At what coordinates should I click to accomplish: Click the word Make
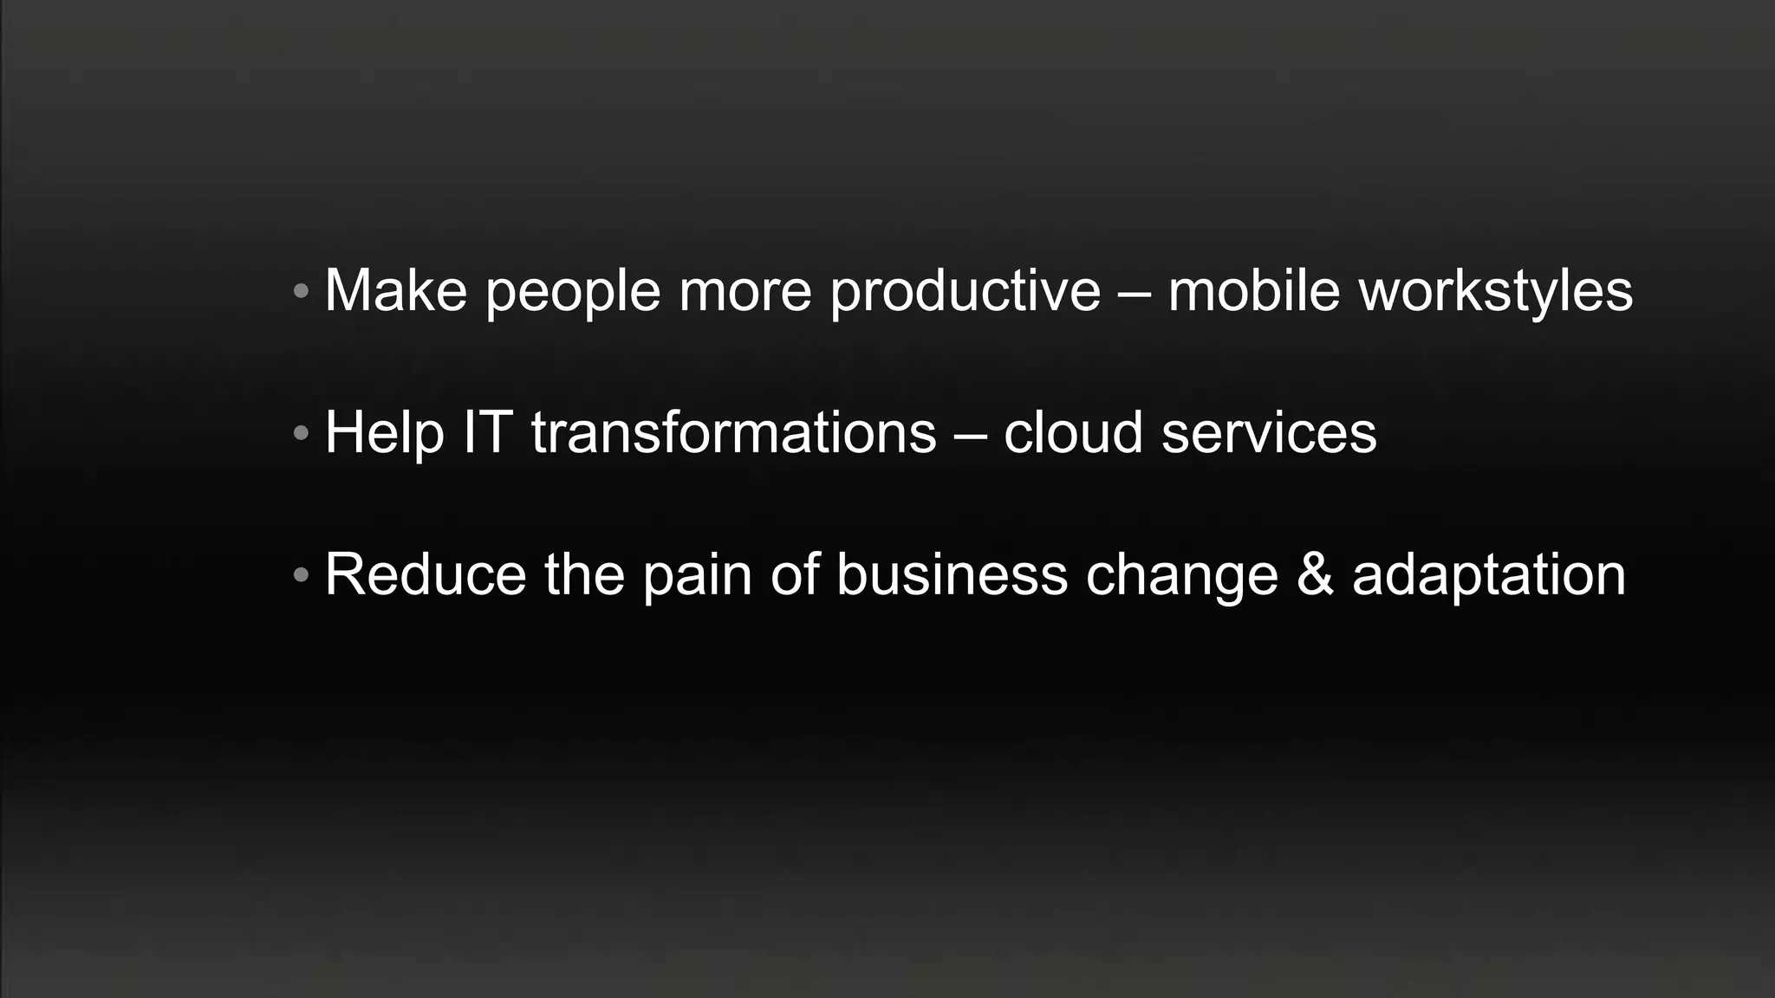(395, 290)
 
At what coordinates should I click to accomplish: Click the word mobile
(1254, 290)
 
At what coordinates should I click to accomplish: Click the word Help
(384, 433)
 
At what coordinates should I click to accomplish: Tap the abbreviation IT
(487, 432)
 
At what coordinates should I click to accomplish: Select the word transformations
(734, 432)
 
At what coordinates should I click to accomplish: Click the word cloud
(1073, 432)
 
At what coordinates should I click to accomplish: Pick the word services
(1269, 432)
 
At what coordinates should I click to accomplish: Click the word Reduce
(425, 574)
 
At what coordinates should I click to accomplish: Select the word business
(952, 574)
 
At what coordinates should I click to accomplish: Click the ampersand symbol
(1315, 574)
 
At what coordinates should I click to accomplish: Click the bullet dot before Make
(301, 290)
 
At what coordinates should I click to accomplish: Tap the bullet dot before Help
(301, 432)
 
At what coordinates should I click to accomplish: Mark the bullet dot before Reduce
(301, 574)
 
